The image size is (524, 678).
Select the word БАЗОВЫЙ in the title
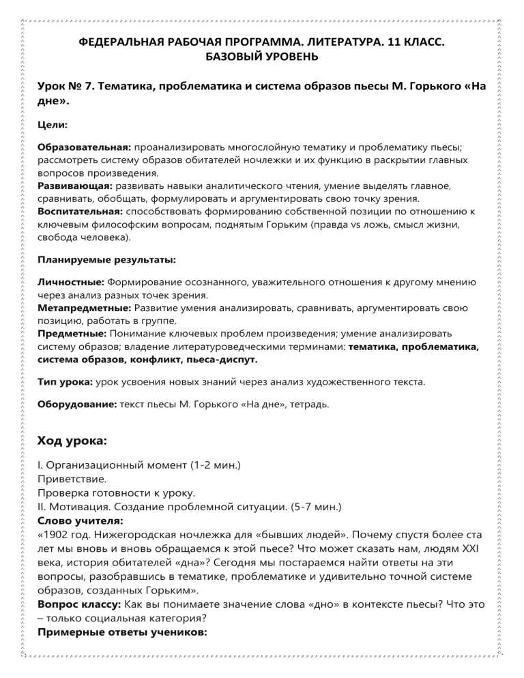coord(236,57)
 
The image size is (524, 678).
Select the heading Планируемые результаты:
coord(106,260)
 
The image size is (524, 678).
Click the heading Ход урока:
coord(72,441)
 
